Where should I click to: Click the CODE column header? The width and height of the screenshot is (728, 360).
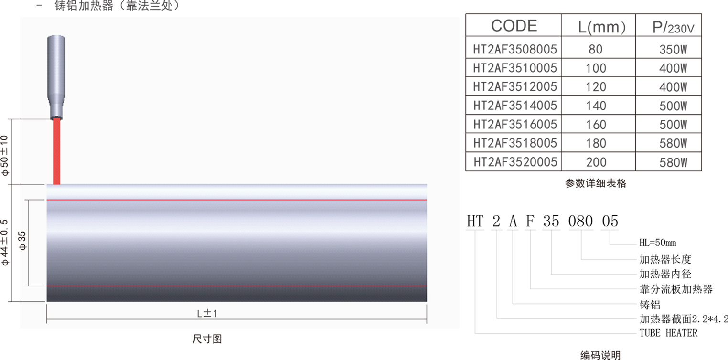(x=514, y=26)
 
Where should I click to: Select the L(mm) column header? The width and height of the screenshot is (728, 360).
(x=601, y=27)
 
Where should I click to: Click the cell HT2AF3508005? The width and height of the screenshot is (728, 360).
(x=515, y=49)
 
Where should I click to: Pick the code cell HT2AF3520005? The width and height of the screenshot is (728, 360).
(x=515, y=162)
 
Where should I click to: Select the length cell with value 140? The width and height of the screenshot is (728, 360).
(x=596, y=106)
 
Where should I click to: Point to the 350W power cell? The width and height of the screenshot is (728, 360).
(x=673, y=50)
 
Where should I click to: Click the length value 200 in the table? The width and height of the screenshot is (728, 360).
(x=596, y=162)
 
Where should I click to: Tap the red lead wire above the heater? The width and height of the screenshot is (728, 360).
(x=56, y=151)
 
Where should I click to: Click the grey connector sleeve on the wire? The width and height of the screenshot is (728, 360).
(x=56, y=77)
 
